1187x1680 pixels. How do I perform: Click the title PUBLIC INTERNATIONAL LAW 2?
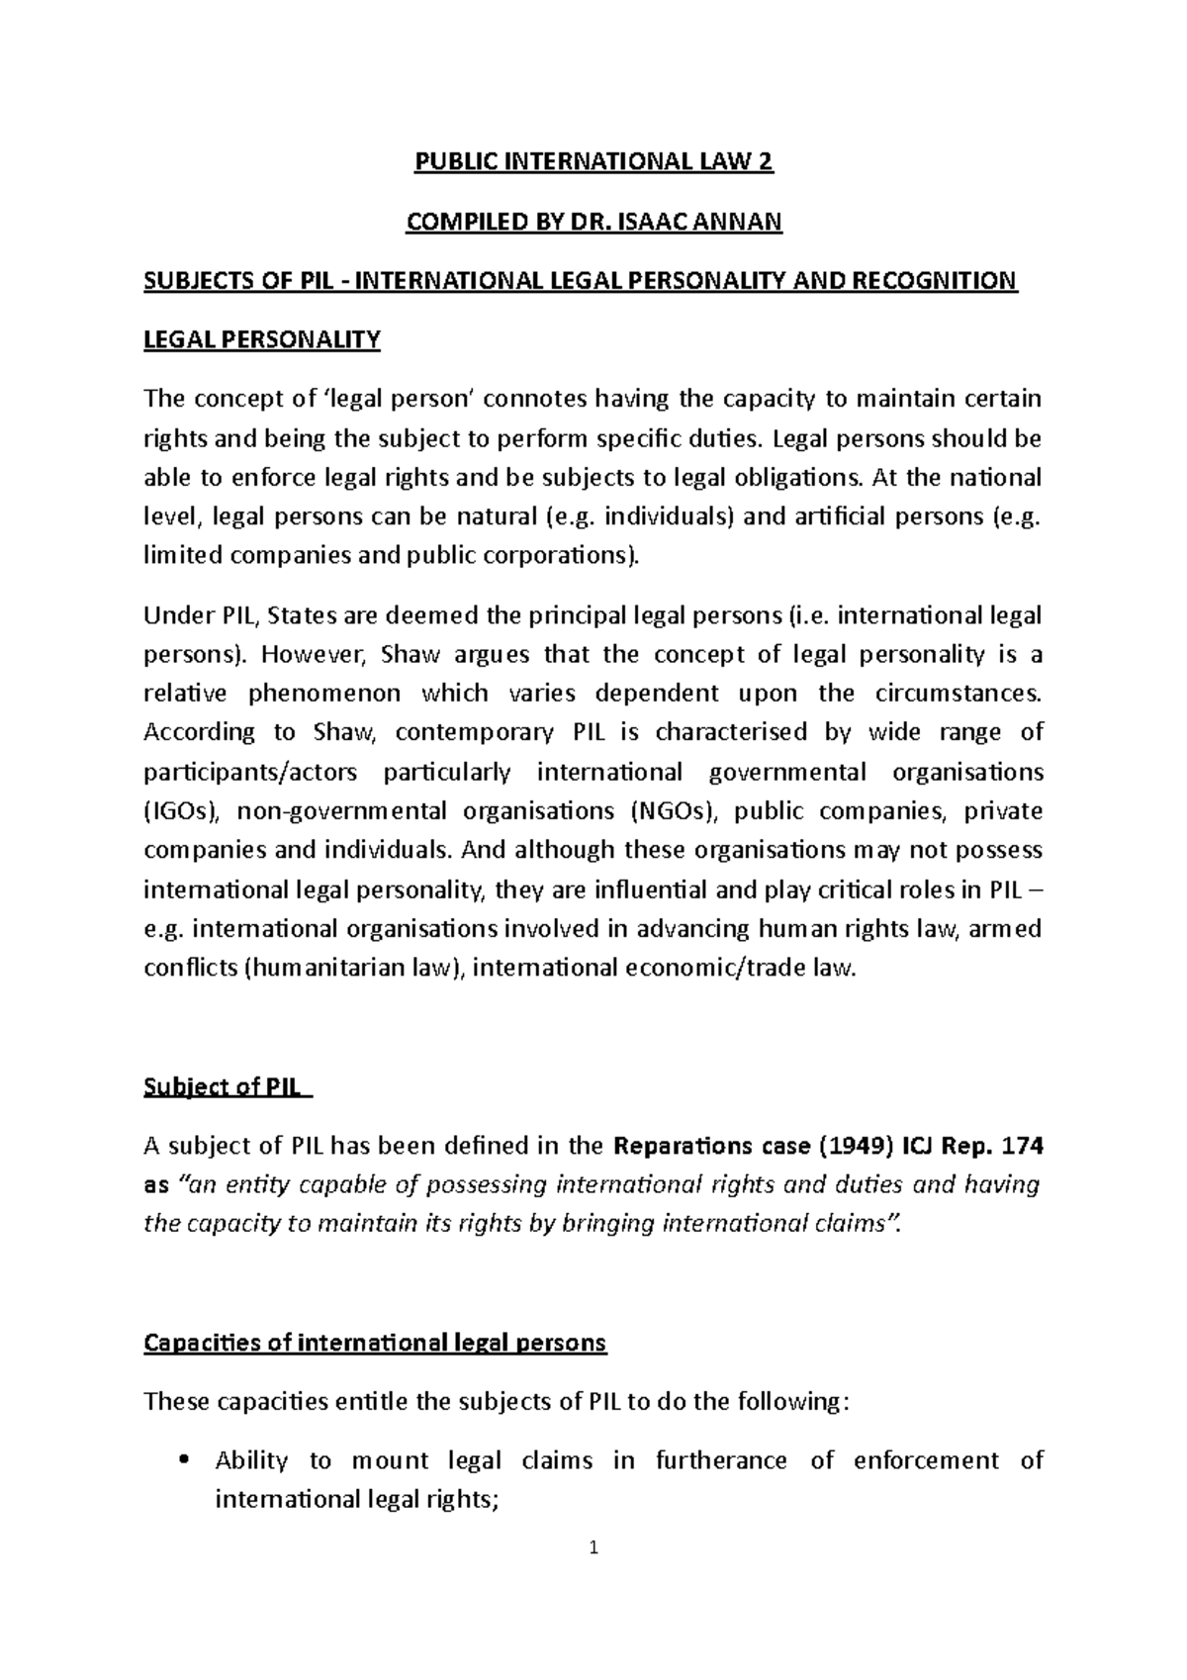click(593, 163)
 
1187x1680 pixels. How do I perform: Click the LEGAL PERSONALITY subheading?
click(262, 340)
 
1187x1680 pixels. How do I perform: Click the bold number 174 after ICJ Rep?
click(1022, 1147)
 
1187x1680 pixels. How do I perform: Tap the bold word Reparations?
click(683, 1147)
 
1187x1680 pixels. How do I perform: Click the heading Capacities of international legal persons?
click(375, 1343)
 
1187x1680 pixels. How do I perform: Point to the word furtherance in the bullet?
click(721, 1461)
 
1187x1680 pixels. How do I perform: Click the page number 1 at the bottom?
click(593, 1576)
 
